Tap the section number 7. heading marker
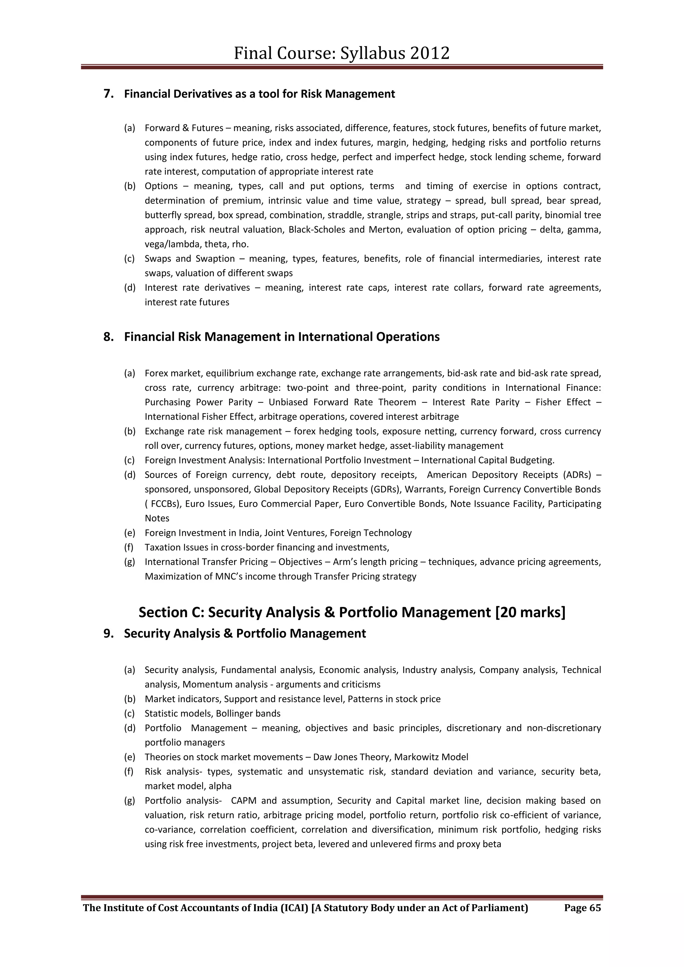click(109, 94)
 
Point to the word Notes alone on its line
click(157, 518)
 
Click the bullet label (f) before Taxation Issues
click(129, 547)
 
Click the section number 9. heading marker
click(109, 633)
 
